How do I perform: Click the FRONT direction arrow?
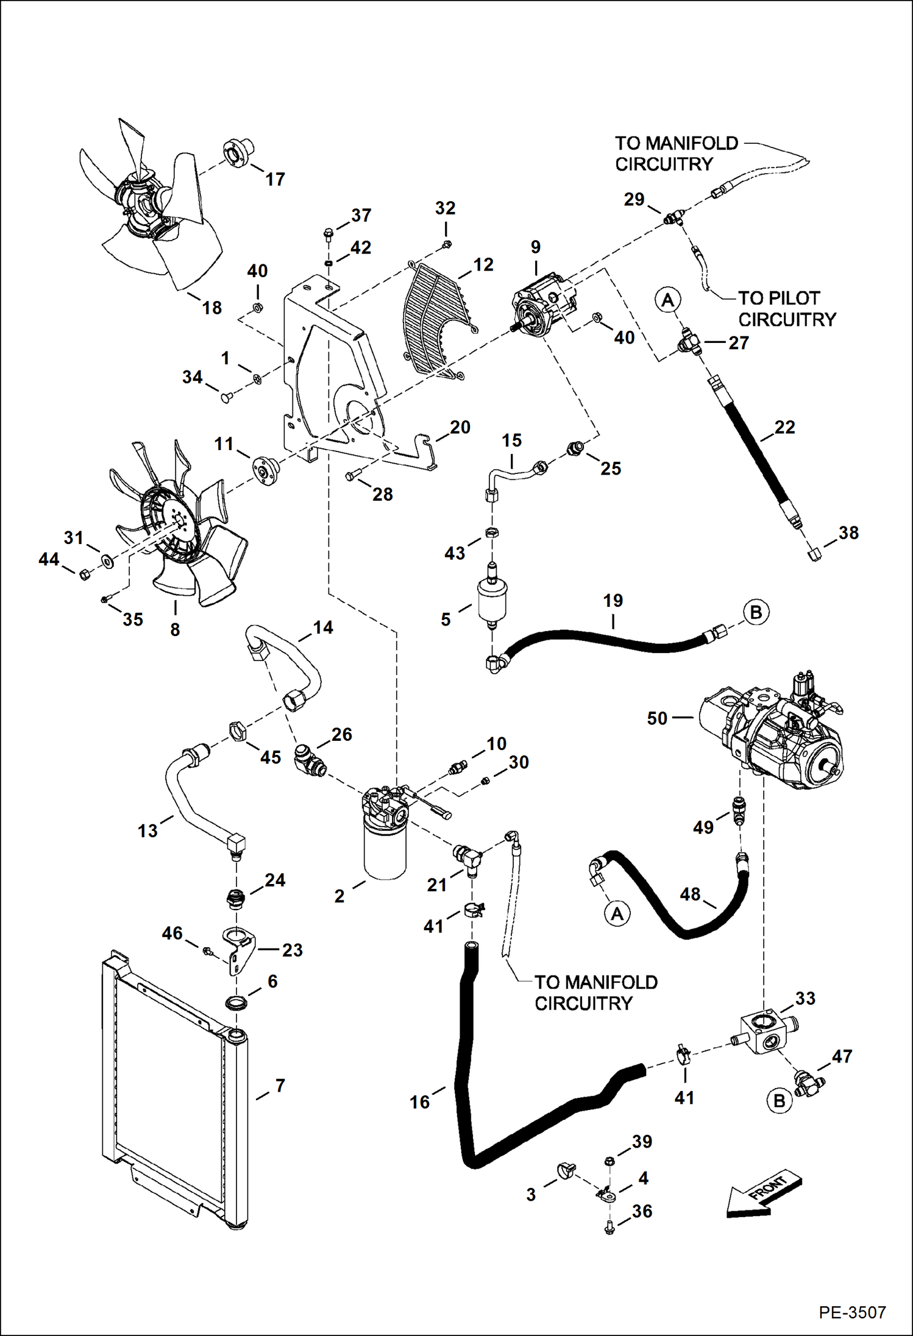click(x=764, y=1195)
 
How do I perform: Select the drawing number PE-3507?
click(x=851, y=1312)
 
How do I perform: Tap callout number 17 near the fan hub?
click(x=275, y=179)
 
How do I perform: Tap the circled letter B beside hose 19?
click(x=756, y=612)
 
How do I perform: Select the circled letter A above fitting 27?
click(x=668, y=300)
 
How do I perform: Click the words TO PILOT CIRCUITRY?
click(x=786, y=309)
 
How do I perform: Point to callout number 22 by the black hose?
click(x=784, y=427)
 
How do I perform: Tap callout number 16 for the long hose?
click(x=419, y=1101)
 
